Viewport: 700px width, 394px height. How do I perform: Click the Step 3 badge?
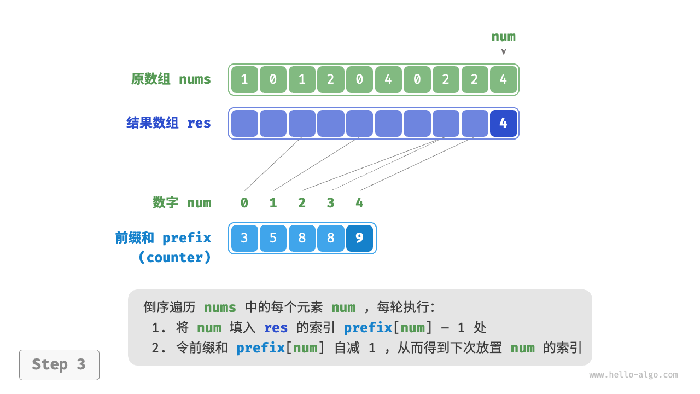[x=59, y=364]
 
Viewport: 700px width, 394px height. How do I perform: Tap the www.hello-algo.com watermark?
[x=633, y=375]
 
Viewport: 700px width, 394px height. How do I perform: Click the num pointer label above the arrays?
[x=503, y=37]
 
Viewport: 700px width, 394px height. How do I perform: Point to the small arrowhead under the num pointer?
[x=504, y=52]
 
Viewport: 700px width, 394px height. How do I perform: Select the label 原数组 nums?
[x=171, y=79]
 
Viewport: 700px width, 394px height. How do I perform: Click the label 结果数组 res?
[x=168, y=123]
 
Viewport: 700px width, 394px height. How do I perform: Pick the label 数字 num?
[x=182, y=203]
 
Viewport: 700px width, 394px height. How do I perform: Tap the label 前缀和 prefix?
[x=163, y=238]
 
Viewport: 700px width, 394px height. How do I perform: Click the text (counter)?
[x=174, y=258]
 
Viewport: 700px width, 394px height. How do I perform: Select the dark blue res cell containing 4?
[x=503, y=123]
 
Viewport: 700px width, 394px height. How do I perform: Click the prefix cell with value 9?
[x=359, y=238]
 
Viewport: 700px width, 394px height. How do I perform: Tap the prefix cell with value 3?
[x=244, y=238]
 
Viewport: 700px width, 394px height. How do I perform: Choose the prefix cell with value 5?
[x=273, y=238]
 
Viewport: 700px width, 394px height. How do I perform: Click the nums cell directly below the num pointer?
[x=503, y=79]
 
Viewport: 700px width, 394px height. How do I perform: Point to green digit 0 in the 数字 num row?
[x=244, y=203]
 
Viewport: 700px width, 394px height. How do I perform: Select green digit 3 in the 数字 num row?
[x=330, y=203]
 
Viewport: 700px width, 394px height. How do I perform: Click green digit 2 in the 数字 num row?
[x=302, y=203]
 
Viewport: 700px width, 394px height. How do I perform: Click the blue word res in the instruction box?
[x=276, y=328]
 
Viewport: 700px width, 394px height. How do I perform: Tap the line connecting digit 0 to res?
[x=273, y=164]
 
